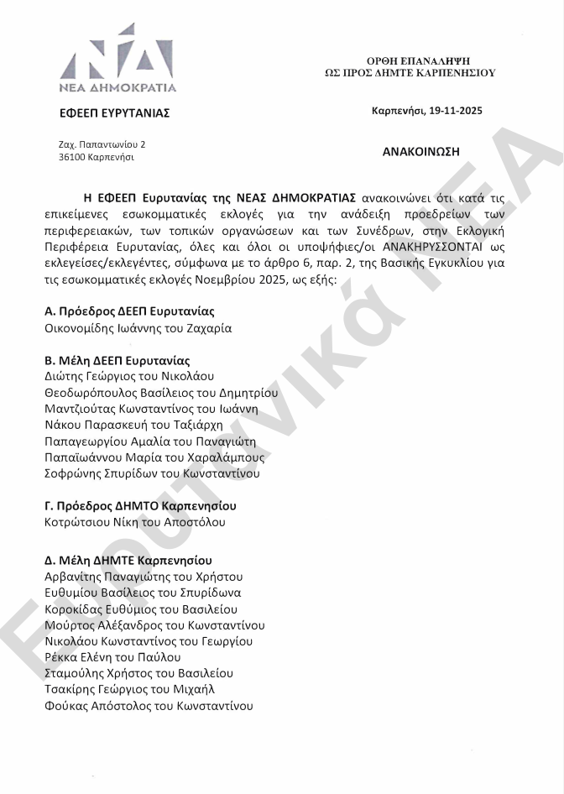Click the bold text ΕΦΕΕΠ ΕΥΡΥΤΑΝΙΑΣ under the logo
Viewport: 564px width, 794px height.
tap(115, 113)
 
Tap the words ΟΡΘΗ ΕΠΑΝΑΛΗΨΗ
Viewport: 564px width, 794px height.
tap(418, 60)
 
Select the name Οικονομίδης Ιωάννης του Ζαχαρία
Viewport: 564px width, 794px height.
tap(138, 328)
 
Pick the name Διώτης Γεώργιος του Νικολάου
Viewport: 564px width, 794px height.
tap(131, 376)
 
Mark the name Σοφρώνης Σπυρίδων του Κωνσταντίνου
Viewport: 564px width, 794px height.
tap(152, 473)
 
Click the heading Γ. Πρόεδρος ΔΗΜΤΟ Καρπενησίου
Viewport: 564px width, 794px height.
tap(140, 506)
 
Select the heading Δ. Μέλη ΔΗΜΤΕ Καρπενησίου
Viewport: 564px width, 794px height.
tap(128, 560)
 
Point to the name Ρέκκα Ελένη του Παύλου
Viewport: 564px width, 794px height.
tap(112, 657)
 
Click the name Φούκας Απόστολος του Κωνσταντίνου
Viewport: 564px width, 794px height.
tap(149, 706)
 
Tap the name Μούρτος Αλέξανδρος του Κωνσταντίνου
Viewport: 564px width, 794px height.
tap(154, 625)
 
